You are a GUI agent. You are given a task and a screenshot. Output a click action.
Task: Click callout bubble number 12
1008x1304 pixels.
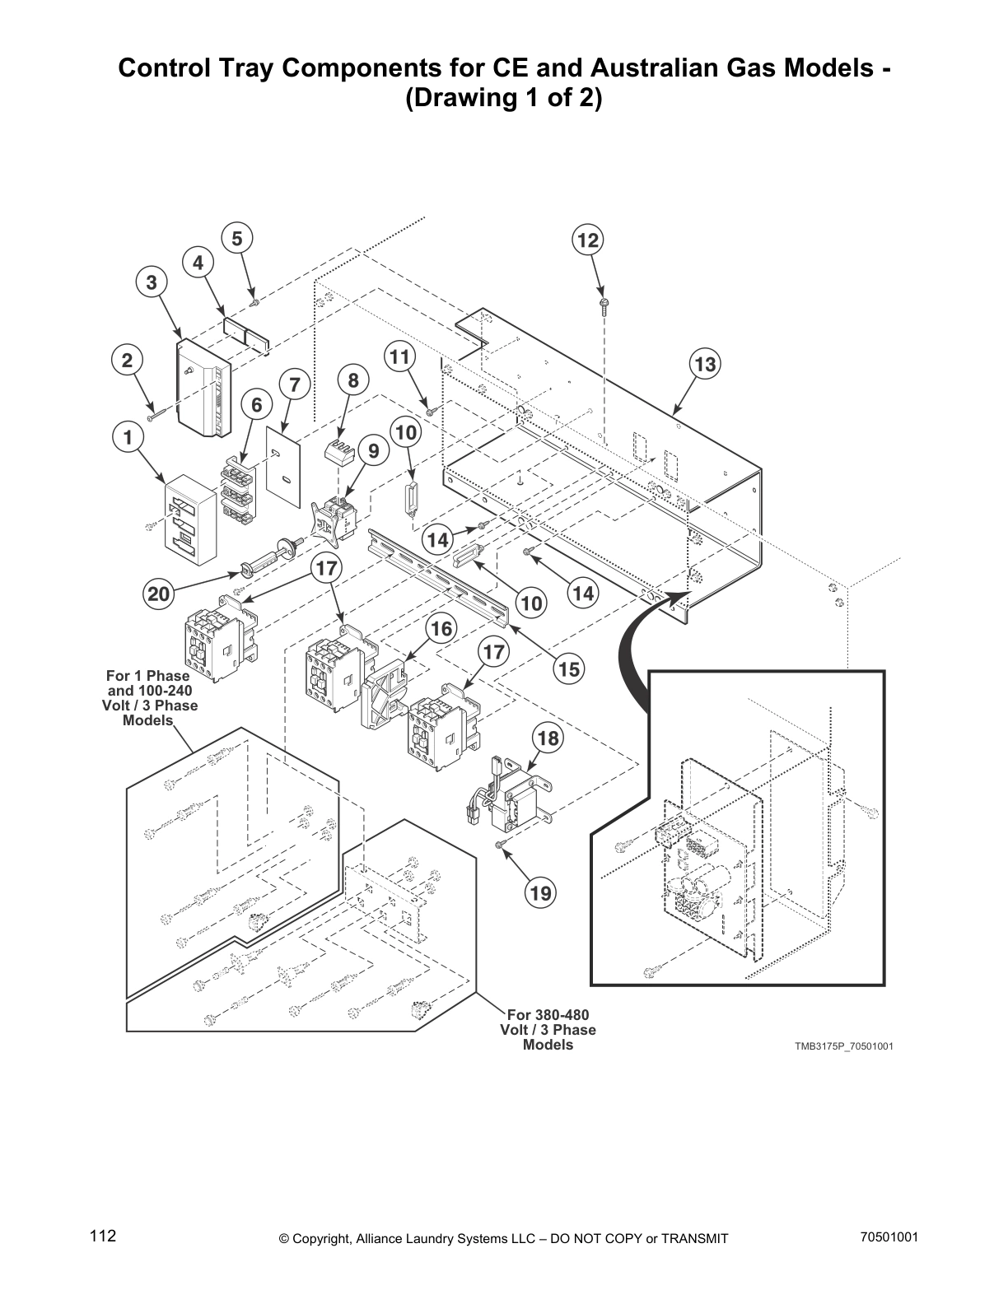tap(587, 240)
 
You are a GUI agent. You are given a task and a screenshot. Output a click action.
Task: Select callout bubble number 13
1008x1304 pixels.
tap(706, 364)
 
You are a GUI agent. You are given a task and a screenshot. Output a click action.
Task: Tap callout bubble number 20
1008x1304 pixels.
tap(159, 594)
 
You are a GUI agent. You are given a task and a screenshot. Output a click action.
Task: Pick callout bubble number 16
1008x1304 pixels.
tap(441, 630)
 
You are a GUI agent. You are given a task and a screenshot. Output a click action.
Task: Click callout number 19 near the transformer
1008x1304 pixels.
tap(542, 892)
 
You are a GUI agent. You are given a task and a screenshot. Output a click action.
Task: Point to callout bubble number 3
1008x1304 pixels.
tap(152, 282)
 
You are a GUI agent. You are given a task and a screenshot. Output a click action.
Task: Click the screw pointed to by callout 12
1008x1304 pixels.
tap(603, 305)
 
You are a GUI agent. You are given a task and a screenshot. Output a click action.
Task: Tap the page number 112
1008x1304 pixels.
tap(104, 1236)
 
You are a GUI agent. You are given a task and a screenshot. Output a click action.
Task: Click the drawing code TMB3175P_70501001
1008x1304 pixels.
tap(843, 1046)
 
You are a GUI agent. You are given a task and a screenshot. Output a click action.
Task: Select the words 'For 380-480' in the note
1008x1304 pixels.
tap(548, 1014)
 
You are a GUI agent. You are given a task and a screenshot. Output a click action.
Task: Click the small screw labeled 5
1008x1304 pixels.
tap(254, 303)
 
